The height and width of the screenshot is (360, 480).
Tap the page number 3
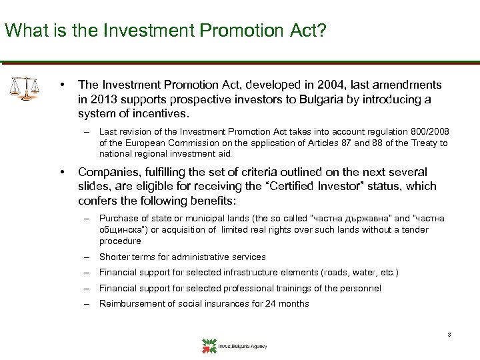click(x=450, y=334)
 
